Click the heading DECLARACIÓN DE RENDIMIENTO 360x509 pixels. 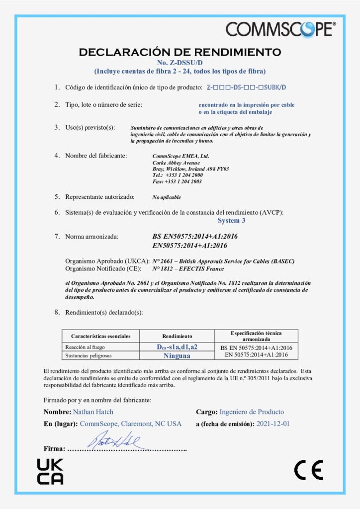180,52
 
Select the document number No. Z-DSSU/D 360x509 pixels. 180,63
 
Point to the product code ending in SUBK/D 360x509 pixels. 247,87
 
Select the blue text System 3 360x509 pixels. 231,220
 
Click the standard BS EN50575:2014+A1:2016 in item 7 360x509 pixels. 191,237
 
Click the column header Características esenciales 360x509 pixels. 101,337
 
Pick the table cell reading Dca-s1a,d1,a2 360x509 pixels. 177,347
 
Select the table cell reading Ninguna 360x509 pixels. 177,355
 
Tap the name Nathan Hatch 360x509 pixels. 93,412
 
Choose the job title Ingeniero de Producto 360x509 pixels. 252,412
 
